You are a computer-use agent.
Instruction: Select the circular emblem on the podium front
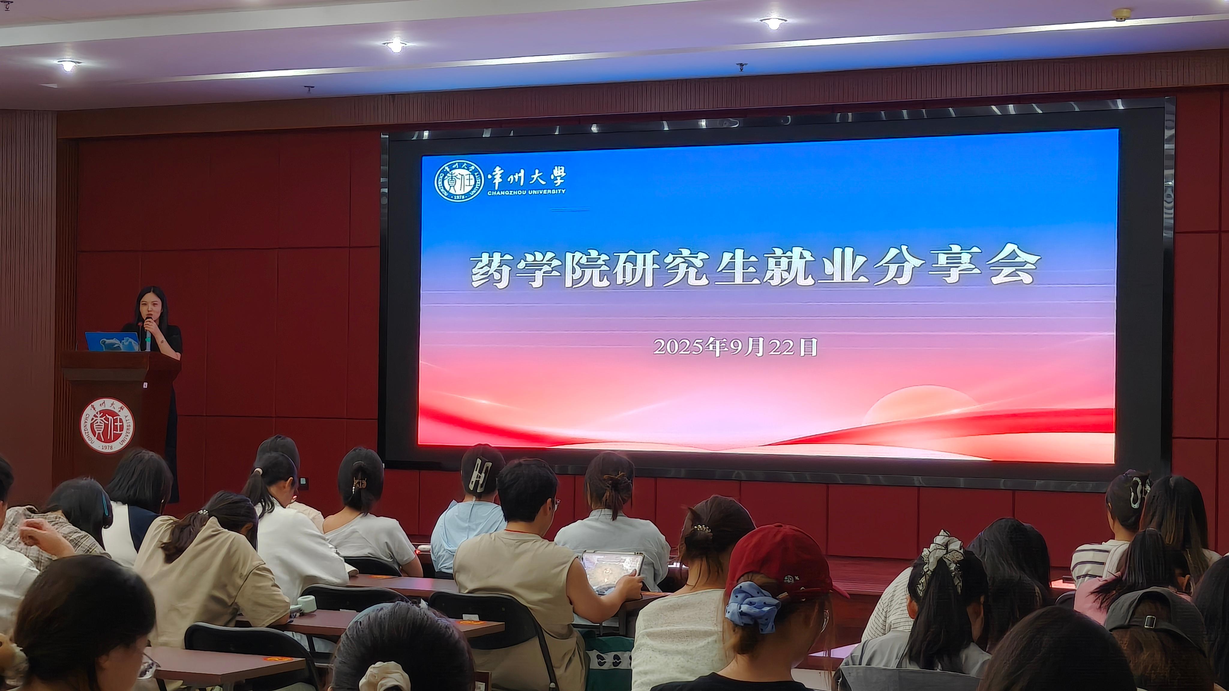[x=107, y=425]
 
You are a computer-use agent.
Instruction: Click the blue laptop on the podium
[x=113, y=341]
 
